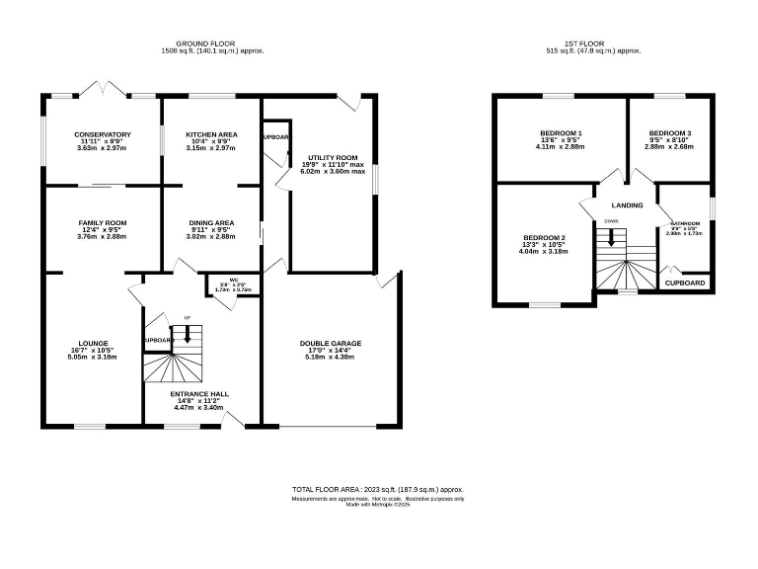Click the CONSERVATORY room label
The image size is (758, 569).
pos(102,134)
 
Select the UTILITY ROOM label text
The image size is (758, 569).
pos(332,157)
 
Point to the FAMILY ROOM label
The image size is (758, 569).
pos(103,223)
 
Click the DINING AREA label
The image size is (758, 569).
pos(212,223)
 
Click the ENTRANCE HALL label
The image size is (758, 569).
pos(200,393)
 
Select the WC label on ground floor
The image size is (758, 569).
pos(234,280)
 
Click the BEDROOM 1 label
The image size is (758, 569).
pos(561,133)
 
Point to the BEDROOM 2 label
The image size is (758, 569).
pos(544,238)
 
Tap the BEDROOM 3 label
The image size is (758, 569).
pos(669,133)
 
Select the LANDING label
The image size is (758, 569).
pos(627,205)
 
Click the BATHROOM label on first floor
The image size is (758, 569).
pos(685,223)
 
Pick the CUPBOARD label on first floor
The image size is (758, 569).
pos(685,283)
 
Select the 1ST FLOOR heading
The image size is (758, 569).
pos(589,44)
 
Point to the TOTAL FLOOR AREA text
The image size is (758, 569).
pos(377,489)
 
